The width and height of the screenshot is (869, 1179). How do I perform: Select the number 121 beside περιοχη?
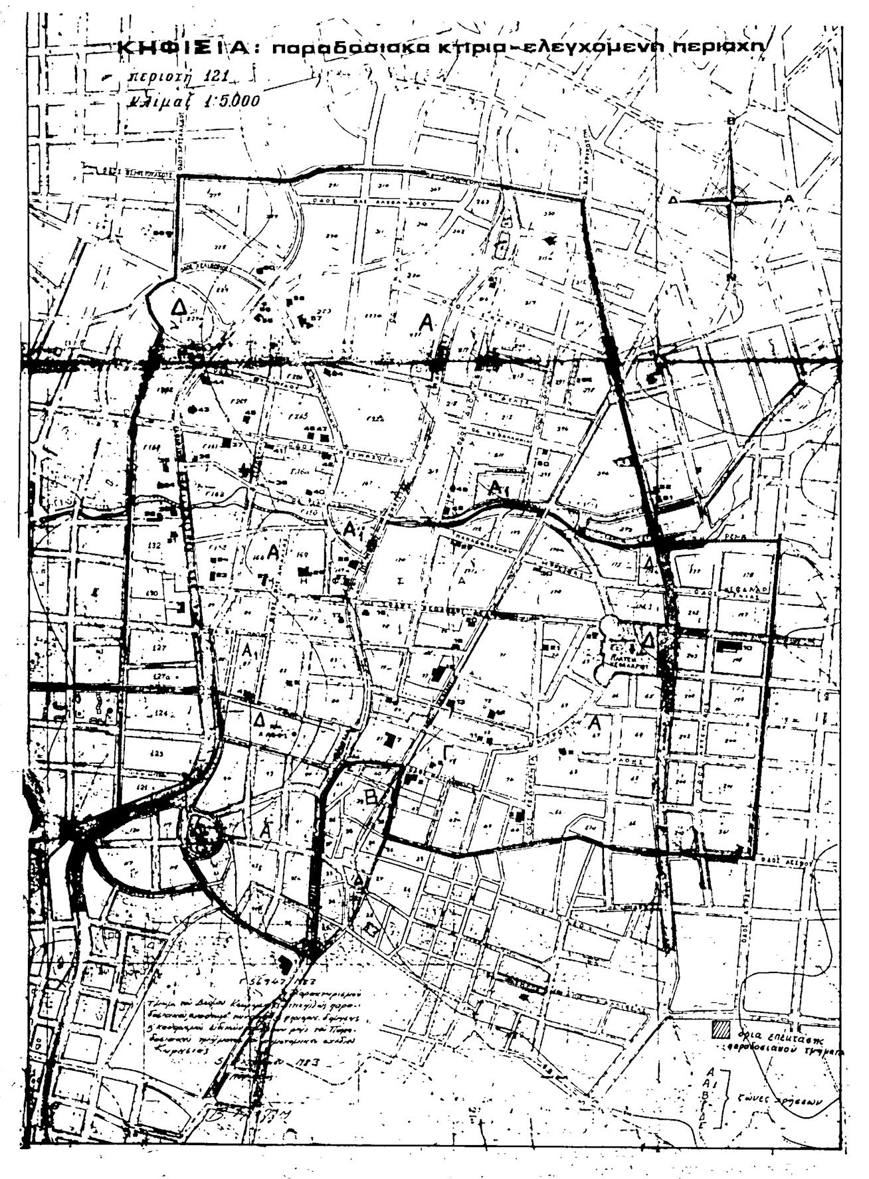[x=212, y=77]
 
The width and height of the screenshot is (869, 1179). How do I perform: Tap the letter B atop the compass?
[x=731, y=120]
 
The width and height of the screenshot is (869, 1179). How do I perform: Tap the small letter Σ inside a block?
[x=400, y=580]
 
